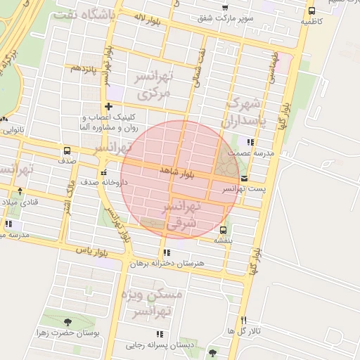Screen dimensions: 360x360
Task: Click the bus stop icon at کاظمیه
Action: click(x=311, y=11)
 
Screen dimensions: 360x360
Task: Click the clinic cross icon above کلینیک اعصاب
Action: click(x=108, y=106)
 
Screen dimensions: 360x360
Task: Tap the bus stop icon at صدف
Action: click(x=67, y=150)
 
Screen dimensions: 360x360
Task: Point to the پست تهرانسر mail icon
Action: click(x=244, y=179)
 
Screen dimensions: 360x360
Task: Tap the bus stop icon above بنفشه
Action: click(x=224, y=230)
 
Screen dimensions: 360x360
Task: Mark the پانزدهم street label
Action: click(x=82, y=68)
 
